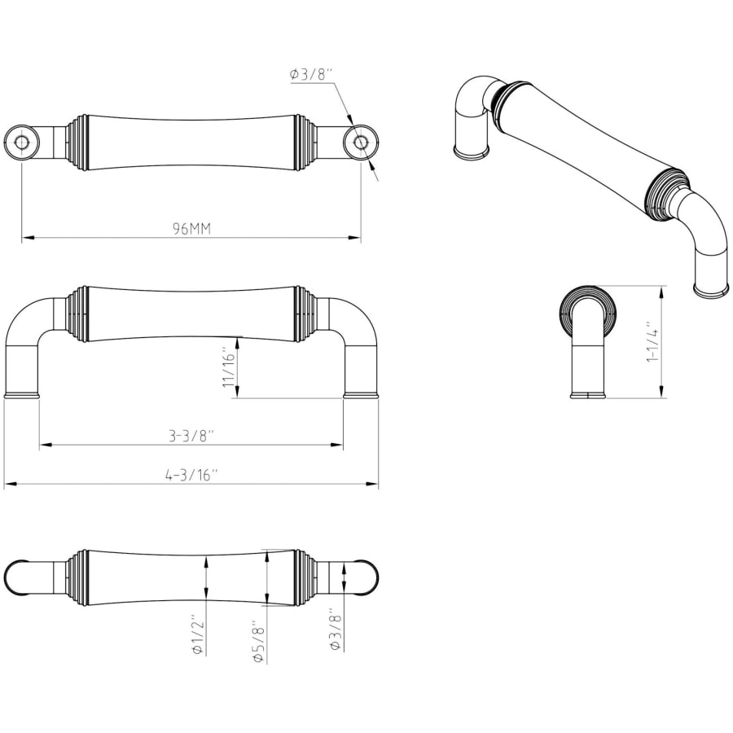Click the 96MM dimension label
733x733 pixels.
tap(191, 229)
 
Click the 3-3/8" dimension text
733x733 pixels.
tap(191, 436)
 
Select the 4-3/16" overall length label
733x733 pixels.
tap(191, 476)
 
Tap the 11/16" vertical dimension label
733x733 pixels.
tap(229, 369)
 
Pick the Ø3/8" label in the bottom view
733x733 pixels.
tap(335, 629)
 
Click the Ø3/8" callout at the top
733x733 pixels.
tap(311, 74)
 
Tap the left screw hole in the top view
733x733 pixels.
tap(22, 143)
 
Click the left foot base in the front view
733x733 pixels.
tap(22, 396)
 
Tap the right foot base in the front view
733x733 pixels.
tap(361, 396)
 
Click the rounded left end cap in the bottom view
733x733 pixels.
tap(18, 577)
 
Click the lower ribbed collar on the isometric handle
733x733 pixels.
tap(666, 193)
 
